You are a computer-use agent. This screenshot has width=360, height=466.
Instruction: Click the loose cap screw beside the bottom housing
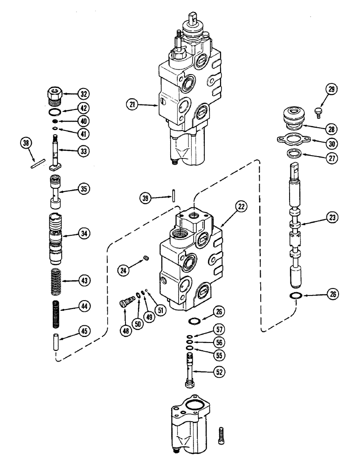click(x=221, y=439)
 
